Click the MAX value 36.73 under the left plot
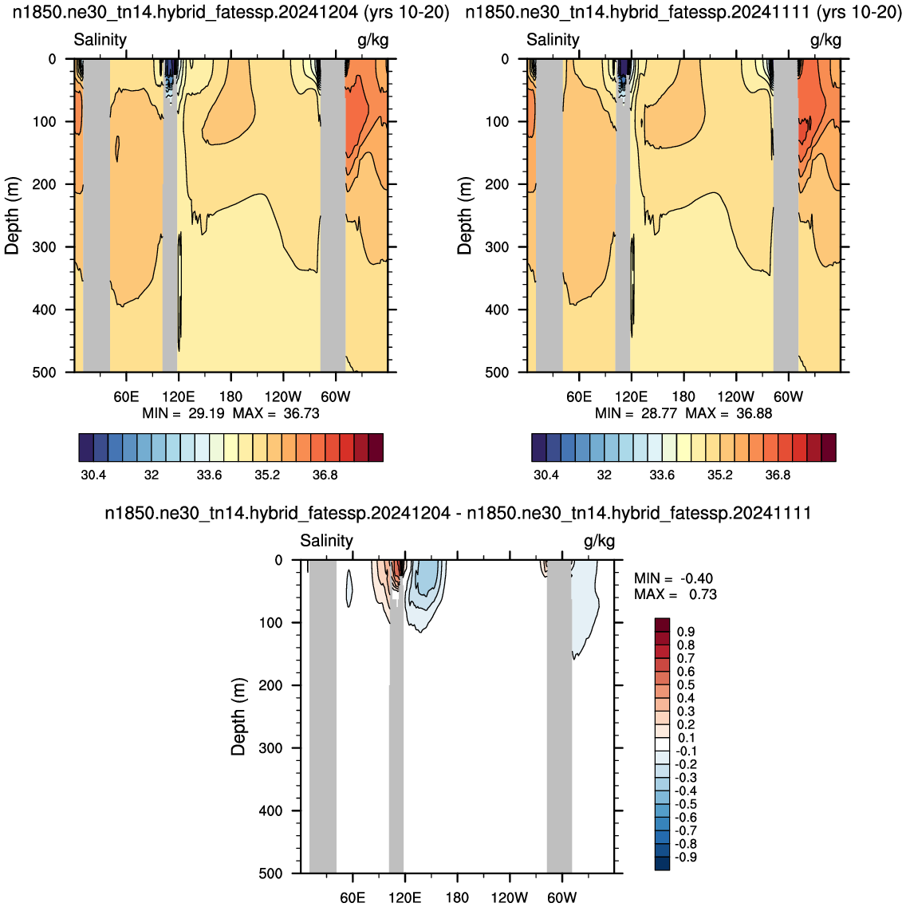(x=301, y=413)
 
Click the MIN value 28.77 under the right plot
(x=658, y=413)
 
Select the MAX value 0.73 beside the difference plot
(x=703, y=594)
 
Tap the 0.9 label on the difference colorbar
(x=686, y=632)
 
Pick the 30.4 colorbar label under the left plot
(x=93, y=475)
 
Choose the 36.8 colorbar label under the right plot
(x=778, y=475)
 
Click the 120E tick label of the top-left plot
(x=178, y=396)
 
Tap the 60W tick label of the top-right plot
(x=788, y=396)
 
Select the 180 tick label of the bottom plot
(x=457, y=897)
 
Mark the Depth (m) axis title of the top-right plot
(x=464, y=215)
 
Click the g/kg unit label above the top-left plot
(x=373, y=40)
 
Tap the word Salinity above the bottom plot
(x=326, y=541)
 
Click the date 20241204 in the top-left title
(x=325, y=12)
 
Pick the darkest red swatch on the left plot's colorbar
(x=375, y=448)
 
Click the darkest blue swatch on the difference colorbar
(x=662, y=864)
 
